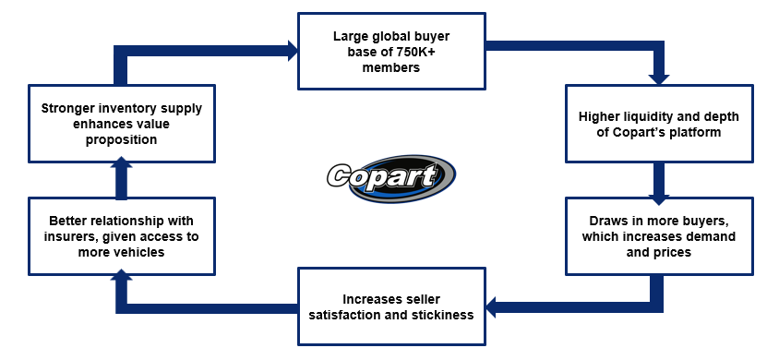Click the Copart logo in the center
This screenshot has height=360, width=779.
pos(391,177)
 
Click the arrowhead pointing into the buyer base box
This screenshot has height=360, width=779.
pos(293,51)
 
